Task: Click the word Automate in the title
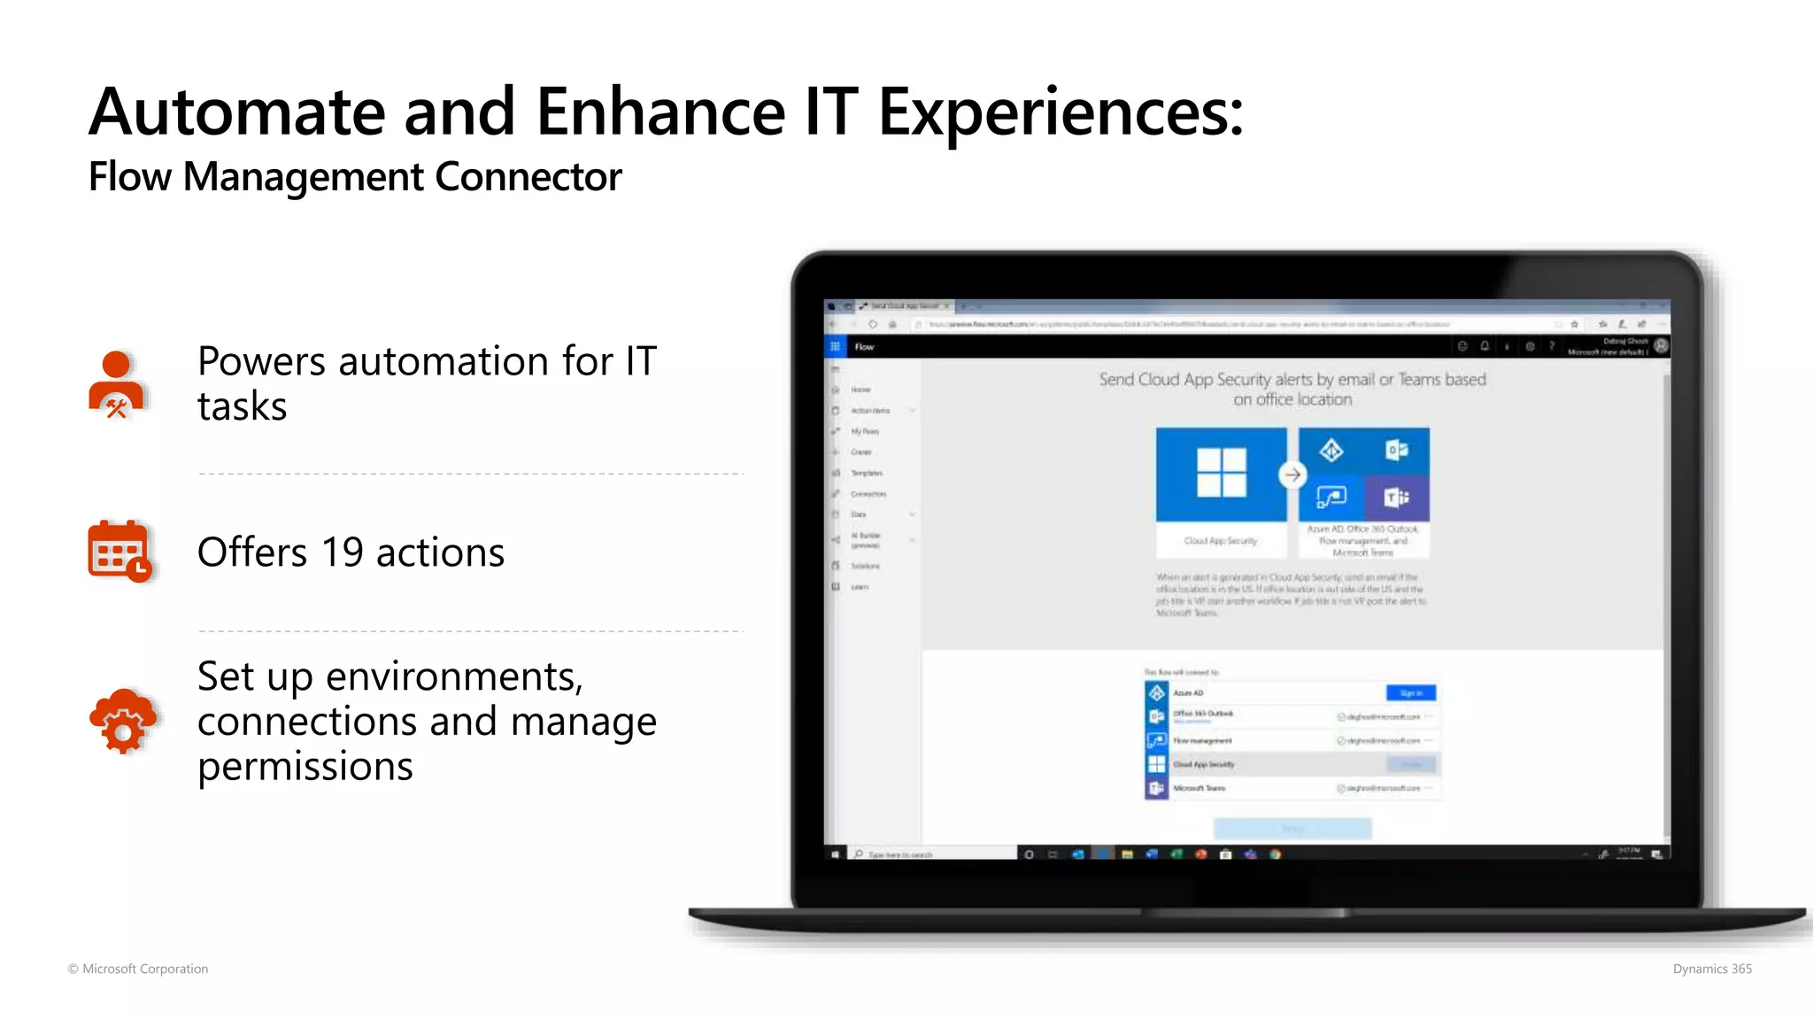[x=237, y=112]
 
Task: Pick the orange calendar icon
[x=119, y=551]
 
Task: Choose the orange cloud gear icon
[x=122, y=721]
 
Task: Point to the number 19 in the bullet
[x=342, y=552]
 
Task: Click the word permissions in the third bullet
[x=305, y=767]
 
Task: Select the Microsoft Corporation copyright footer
[x=138, y=969]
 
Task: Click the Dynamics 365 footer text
[x=1712, y=969]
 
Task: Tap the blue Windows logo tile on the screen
[x=1221, y=474]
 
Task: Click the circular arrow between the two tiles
[x=1292, y=475]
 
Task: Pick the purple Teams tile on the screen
[x=1396, y=498]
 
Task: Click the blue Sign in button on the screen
[x=1410, y=692]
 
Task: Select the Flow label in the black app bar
[x=864, y=347]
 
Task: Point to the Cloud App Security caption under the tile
[x=1220, y=540]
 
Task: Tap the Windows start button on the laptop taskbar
[x=835, y=854]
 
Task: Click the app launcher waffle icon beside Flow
[x=835, y=346]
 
